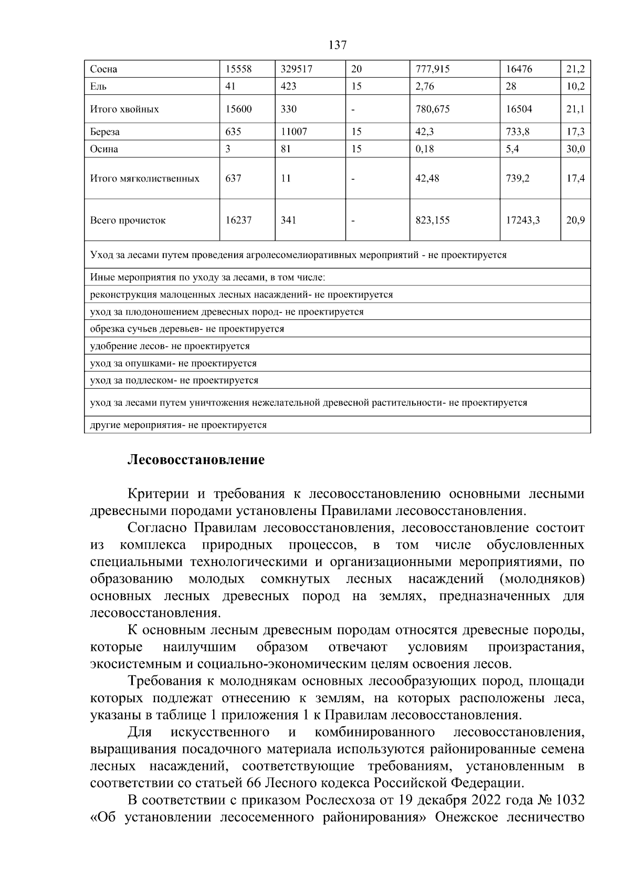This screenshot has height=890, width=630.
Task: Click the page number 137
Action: pos(337,45)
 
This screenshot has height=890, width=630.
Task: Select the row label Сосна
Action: pos(103,69)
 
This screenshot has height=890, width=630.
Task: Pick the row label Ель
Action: pos(98,87)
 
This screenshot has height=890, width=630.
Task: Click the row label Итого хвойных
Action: pos(124,109)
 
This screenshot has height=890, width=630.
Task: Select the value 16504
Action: pos(519,109)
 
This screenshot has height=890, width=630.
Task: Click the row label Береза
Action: pos(105,132)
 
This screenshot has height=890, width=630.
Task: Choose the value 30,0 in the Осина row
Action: pos(575,149)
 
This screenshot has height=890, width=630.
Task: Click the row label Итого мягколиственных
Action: pos(145,178)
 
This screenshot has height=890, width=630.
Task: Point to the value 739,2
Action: pos(518,178)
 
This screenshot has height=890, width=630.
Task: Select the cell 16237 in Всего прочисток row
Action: pos(238,220)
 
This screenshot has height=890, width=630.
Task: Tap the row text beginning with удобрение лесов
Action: pos(170,346)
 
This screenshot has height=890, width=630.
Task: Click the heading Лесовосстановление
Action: pos(196,460)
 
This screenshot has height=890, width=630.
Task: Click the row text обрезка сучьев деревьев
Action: pos(187,329)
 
